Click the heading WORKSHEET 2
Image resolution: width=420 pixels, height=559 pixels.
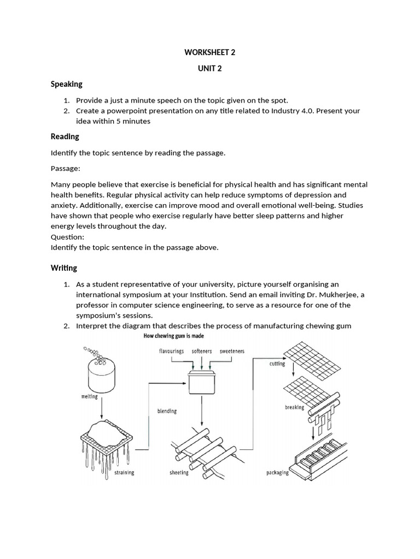(210, 53)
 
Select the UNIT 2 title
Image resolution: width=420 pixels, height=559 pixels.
(210, 68)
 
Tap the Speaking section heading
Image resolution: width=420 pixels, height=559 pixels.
(66, 84)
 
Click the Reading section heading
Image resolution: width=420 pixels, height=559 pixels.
(65, 136)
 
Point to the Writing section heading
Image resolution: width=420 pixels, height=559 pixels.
(63, 268)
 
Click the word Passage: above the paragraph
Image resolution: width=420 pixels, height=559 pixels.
(65, 169)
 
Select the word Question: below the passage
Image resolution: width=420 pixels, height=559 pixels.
(67, 237)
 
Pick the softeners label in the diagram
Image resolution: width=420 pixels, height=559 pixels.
(202, 351)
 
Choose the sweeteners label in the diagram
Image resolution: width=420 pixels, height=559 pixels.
(232, 351)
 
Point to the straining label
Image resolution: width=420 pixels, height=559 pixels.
(124, 472)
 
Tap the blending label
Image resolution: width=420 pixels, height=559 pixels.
(167, 411)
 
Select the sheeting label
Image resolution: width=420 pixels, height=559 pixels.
(179, 472)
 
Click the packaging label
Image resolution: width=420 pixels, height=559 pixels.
(277, 472)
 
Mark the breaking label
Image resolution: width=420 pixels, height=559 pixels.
(294, 407)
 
